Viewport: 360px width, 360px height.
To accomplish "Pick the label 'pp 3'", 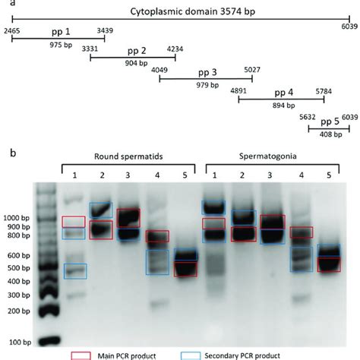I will coord(207,72).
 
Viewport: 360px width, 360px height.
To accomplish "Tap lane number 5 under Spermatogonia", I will coord(328,175).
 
